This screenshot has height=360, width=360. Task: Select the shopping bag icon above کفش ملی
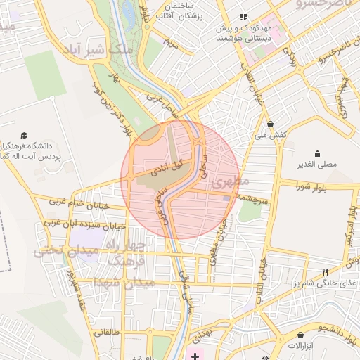click(269, 124)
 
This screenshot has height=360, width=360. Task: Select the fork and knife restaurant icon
click(324, 271)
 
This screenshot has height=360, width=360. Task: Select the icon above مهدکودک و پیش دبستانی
click(243, 17)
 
